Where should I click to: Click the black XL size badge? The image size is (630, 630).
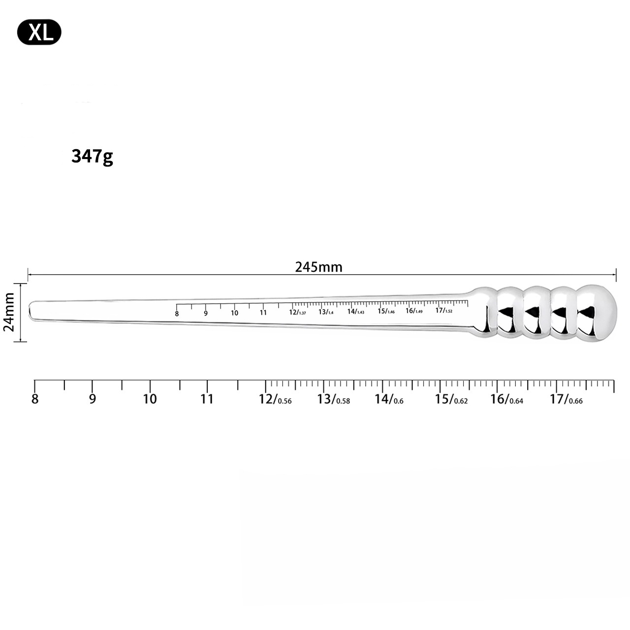pos(39,33)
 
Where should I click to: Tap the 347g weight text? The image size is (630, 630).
pos(92,157)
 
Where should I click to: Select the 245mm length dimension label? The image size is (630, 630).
pos(318,267)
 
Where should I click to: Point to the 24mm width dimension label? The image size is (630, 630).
pos(9,312)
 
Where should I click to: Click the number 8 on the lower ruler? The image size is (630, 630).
pos(34,399)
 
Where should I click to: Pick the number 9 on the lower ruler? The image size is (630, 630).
pos(93,399)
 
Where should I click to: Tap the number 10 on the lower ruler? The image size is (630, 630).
pos(150,399)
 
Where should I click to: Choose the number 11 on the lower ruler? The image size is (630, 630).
pos(207,399)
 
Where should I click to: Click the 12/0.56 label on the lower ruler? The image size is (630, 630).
pos(275,399)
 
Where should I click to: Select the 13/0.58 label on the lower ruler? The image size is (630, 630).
pos(333,399)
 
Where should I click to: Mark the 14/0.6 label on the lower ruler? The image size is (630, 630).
pos(389,399)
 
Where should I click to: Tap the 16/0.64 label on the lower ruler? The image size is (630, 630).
pos(506,399)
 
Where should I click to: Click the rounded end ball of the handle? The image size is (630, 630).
pos(597,313)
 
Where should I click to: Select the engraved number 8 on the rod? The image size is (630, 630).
pos(177,314)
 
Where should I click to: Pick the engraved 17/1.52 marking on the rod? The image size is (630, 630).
pos(443,311)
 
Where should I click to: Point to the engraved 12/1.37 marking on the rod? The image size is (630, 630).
pos(297,312)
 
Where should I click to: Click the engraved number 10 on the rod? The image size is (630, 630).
pos(234,313)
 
